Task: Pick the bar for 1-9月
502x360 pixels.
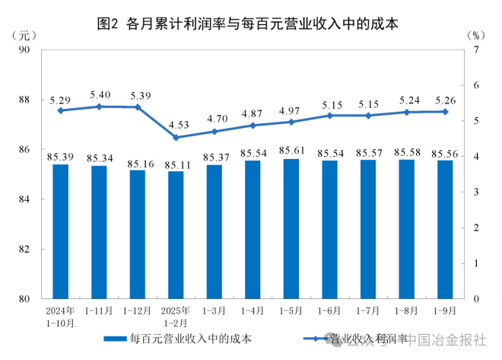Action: pos(444,229)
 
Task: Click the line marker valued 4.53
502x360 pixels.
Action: pos(176,138)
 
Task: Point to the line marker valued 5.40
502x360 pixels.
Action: pos(100,107)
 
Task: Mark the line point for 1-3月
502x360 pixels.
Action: pos(215,131)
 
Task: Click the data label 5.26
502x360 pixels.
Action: pos(444,100)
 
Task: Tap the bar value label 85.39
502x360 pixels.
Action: pos(60,157)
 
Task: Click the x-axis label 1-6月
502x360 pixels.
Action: pos(330,311)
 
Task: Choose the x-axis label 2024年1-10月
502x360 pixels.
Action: pos(60,317)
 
